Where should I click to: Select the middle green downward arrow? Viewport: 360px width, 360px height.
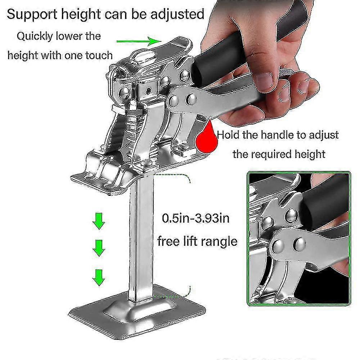point(98,248)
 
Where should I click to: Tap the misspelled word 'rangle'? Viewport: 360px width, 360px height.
point(217,240)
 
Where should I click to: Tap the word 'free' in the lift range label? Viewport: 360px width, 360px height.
point(169,240)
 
